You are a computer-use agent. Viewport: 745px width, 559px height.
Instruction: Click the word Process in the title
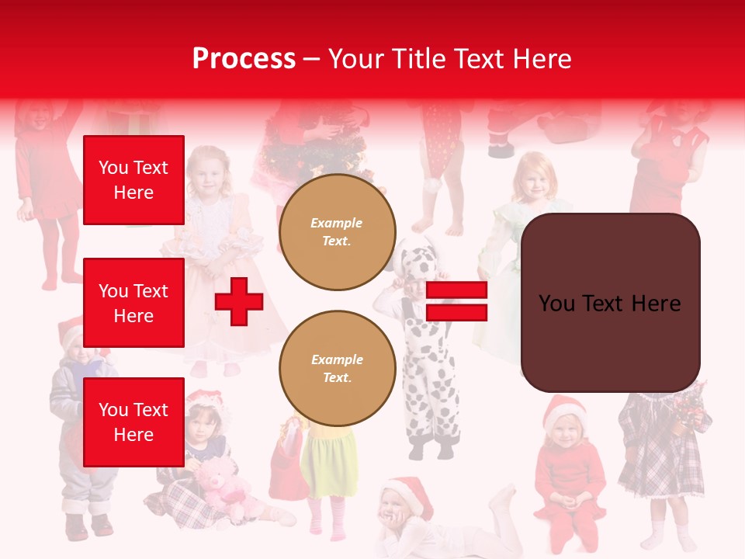point(244,59)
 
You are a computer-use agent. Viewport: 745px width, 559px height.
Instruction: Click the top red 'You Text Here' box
point(133,180)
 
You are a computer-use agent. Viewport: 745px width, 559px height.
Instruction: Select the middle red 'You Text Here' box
point(133,303)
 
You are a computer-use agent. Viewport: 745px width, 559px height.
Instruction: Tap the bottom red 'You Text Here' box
point(133,422)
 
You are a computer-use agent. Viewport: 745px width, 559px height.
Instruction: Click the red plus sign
point(239,301)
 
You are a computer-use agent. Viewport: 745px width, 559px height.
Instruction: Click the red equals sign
point(456,301)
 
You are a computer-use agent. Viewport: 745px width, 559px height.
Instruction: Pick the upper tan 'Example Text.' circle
point(337,232)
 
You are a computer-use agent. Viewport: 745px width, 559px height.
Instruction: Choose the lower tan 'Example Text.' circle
point(337,369)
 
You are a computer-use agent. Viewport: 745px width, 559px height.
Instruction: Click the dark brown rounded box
point(610,303)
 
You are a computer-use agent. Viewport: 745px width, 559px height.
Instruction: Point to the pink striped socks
point(326,516)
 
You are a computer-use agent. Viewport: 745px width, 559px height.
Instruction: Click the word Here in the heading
point(541,59)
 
